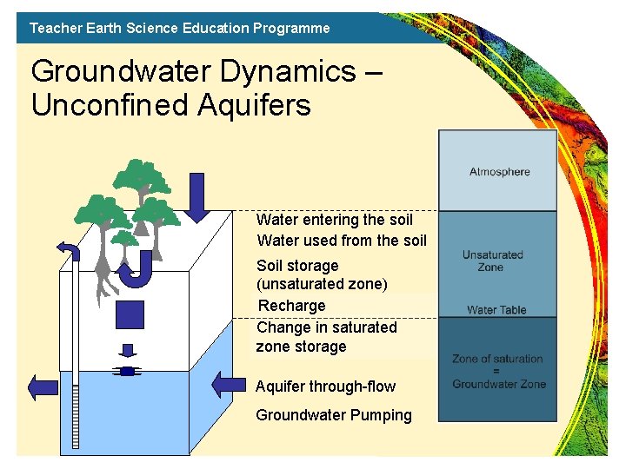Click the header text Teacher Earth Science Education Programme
[180, 28]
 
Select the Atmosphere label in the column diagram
[499, 171]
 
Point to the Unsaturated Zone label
[492, 261]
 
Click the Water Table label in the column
[496, 309]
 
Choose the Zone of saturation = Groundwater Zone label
[498, 371]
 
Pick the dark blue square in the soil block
[129, 314]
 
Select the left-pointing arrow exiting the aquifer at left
[43, 387]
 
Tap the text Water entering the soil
[335, 220]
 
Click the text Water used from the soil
[342, 241]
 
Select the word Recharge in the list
[292, 306]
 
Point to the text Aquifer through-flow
[325, 386]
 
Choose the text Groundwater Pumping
[334, 415]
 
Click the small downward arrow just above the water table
[129, 351]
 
